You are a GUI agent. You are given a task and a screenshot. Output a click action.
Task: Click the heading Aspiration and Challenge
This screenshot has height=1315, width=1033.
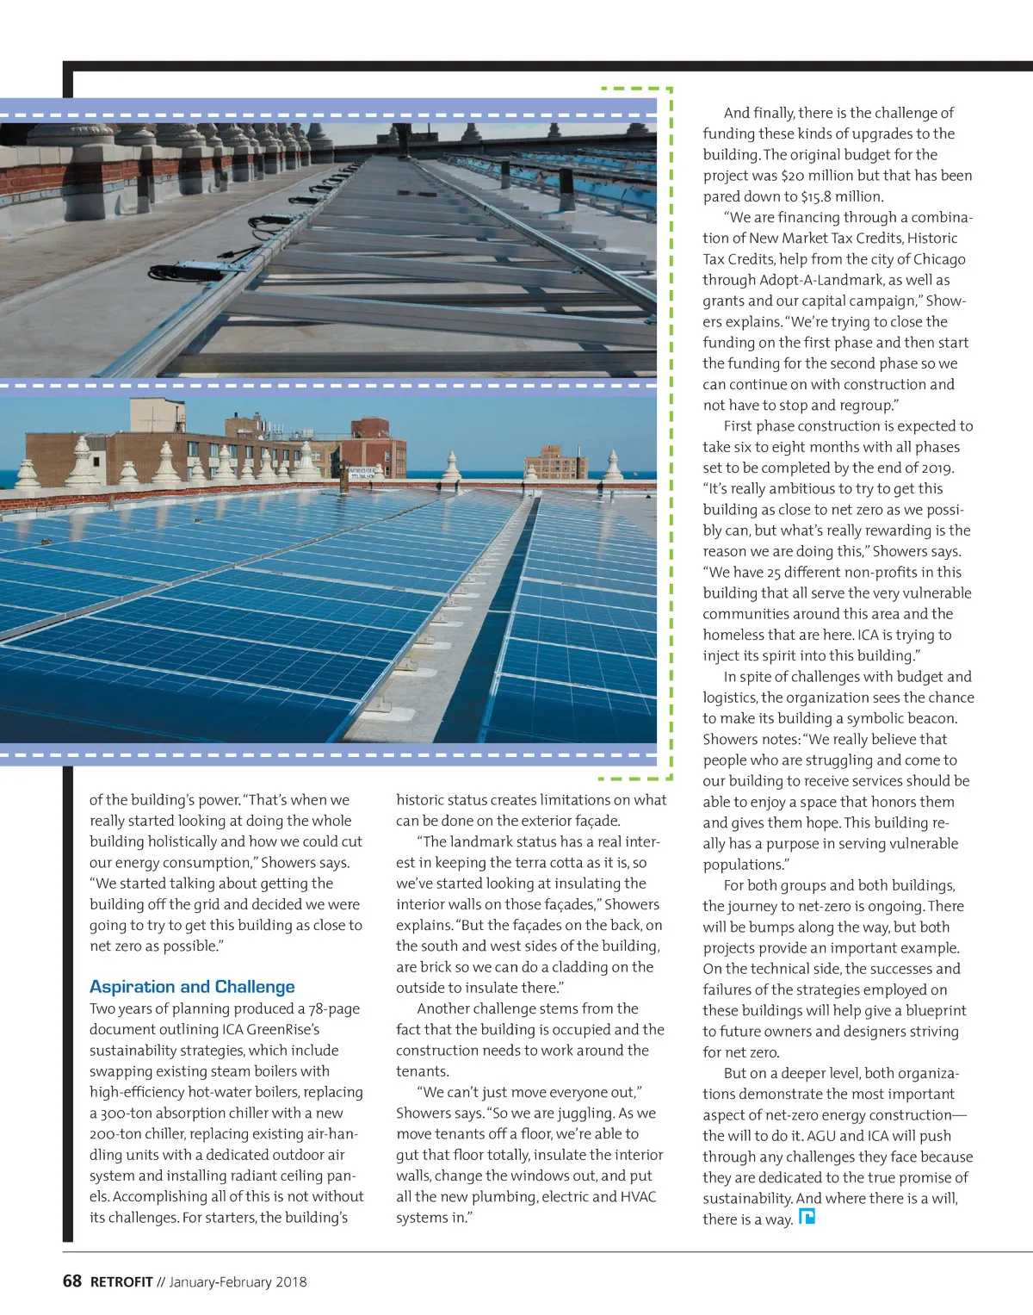coord(192,987)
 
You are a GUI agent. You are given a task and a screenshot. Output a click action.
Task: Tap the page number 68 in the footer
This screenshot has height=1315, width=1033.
coord(72,1281)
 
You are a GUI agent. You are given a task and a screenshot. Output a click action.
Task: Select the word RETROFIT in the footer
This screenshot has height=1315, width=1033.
coord(121,1282)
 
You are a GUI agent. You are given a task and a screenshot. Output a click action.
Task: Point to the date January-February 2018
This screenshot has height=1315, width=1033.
coord(238,1282)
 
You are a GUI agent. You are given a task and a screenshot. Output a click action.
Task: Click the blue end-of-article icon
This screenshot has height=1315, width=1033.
coord(807,1217)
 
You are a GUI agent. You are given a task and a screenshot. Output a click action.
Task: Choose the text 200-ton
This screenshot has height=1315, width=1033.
coord(120,1134)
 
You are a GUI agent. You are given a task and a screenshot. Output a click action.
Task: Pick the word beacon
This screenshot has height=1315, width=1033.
coord(927,718)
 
